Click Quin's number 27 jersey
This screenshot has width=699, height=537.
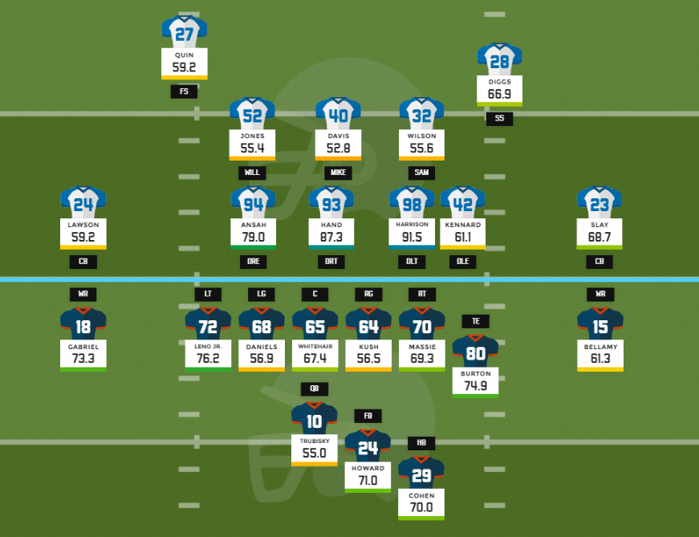click(x=184, y=33)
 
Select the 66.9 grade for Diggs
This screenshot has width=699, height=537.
click(x=499, y=94)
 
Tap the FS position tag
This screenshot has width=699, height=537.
click(x=184, y=92)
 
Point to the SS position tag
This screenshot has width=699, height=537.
click(x=499, y=118)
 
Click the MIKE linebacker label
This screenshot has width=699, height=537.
click(x=338, y=173)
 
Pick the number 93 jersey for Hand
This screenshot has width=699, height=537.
click(x=331, y=203)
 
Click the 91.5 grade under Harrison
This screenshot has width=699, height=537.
click(x=412, y=238)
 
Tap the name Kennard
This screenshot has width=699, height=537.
click(x=462, y=225)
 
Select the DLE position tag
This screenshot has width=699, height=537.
click(x=462, y=262)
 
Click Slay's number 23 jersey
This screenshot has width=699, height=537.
click(x=599, y=203)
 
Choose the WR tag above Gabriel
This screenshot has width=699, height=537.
click(x=83, y=294)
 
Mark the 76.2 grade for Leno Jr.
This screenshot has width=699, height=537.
click(x=208, y=358)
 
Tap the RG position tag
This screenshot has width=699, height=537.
click(x=368, y=295)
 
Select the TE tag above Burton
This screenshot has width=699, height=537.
click(x=475, y=321)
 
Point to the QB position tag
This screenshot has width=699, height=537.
click(x=314, y=389)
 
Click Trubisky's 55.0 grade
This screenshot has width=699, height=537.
click(x=314, y=453)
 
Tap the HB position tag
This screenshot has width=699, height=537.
click(x=421, y=443)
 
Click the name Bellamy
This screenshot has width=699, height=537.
click(x=599, y=346)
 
